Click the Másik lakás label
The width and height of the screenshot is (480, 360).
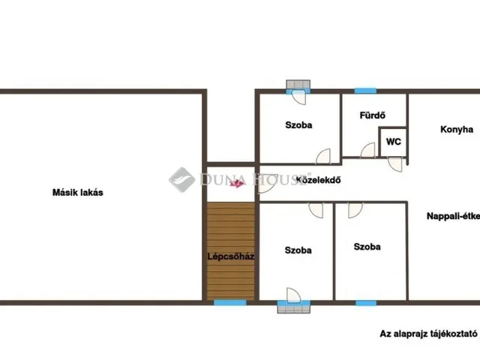tap(78, 193)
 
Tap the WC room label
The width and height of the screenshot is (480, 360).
tap(393, 142)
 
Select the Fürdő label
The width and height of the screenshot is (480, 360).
tap(372, 115)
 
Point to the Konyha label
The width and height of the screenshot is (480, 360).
tap(457, 130)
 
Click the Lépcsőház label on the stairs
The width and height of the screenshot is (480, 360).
tap(231, 256)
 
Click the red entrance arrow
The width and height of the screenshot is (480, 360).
tap(237, 183)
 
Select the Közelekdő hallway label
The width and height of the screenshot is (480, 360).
tap(318, 180)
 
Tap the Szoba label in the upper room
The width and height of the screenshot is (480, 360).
tap(298, 125)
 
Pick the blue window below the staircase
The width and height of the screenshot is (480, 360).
tap(230, 303)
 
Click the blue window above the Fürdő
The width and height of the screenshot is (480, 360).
tap(365, 91)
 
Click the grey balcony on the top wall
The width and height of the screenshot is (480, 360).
tap(298, 84)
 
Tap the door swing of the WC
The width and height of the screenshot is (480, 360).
tap(395, 164)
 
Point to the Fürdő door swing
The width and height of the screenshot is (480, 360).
tap(367, 150)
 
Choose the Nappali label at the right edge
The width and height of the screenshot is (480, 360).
tap(453, 216)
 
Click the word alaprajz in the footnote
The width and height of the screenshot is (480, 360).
tap(411, 334)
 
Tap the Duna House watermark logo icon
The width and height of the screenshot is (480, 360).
tap(181, 180)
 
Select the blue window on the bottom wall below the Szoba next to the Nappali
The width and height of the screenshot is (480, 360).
tap(366, 303)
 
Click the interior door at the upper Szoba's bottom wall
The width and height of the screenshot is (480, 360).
tap(323, 156)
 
